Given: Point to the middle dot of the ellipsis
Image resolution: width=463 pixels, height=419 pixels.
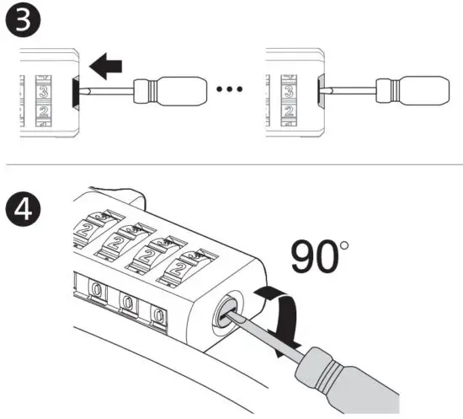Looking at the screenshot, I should [x=231, y=88].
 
